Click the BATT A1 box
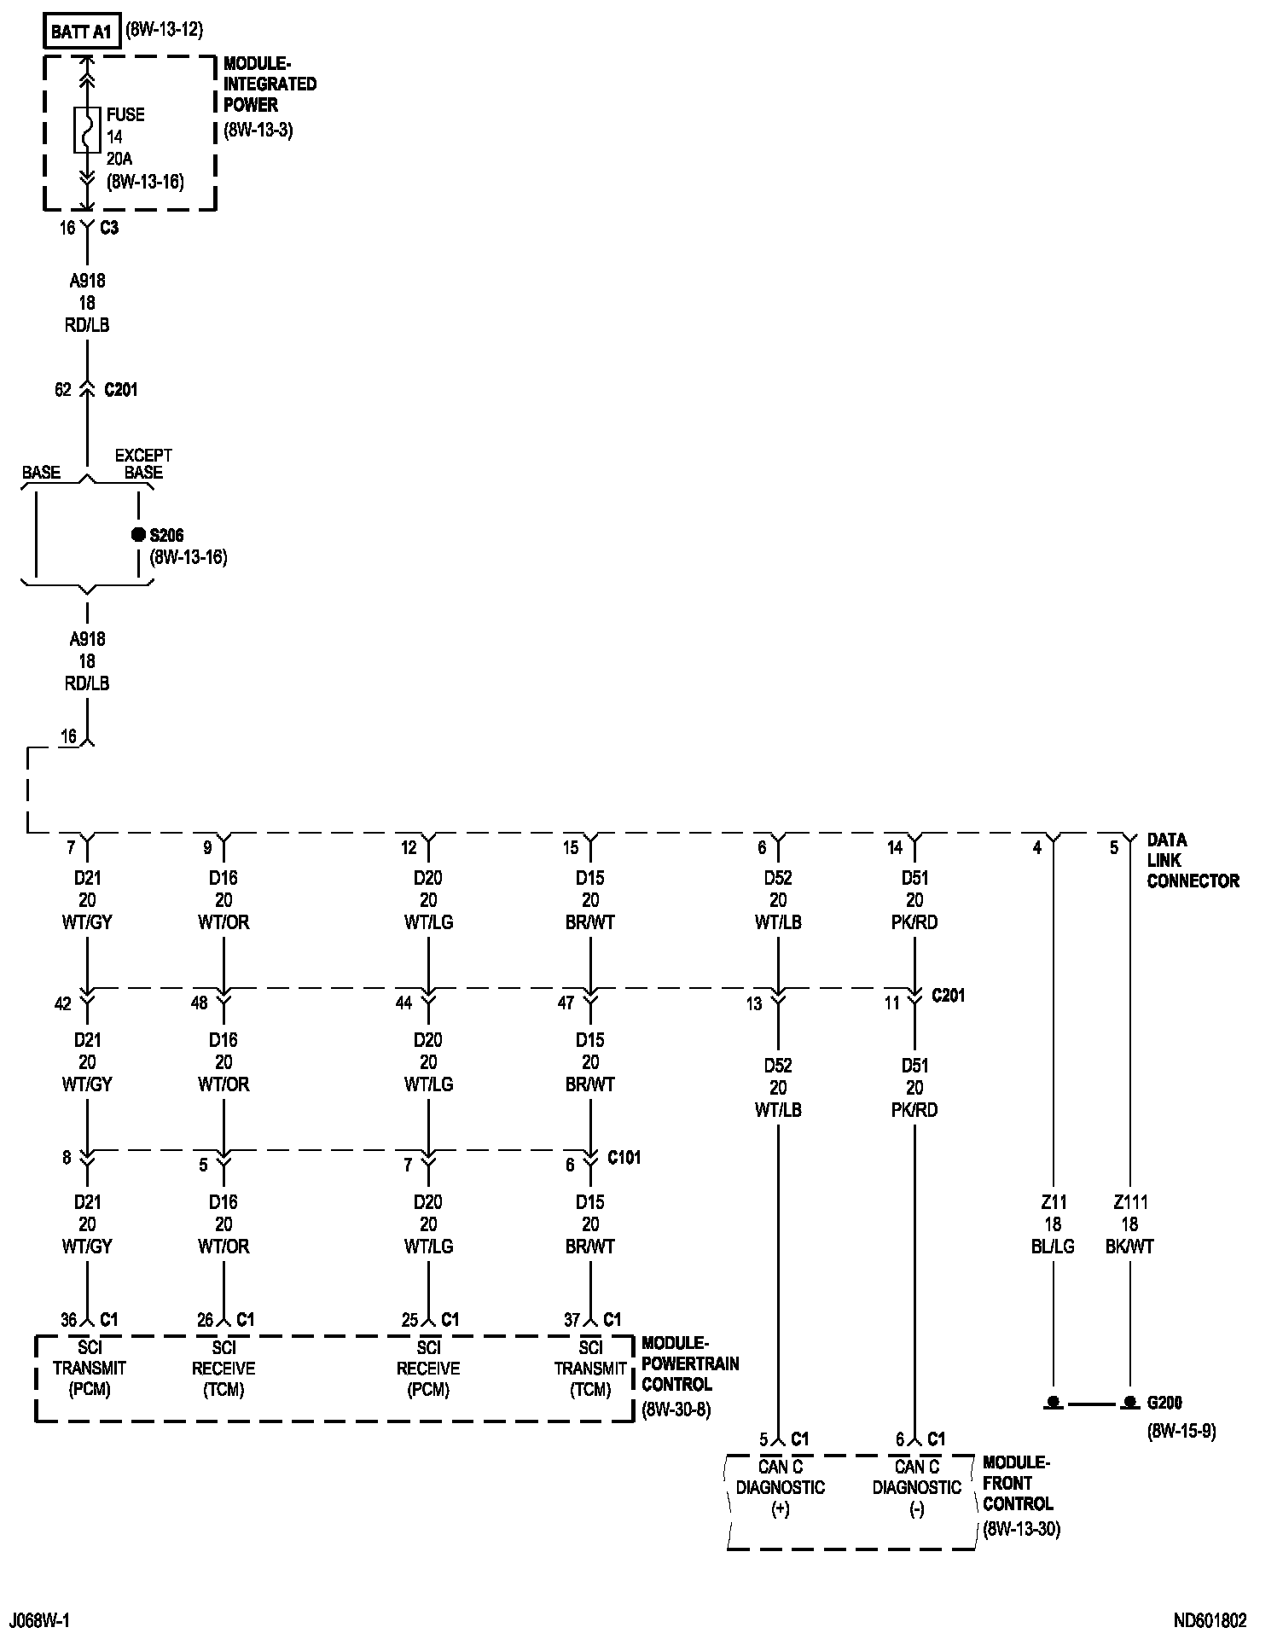81,32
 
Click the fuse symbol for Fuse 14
87,131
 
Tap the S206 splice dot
138,535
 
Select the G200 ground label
1164,1402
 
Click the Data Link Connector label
1193,860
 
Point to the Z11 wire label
1053,1202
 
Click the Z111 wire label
1130,1202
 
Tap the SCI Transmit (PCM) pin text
89,1368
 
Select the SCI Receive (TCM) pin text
224,1368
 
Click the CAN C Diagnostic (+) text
780,1487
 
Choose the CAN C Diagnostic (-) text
916,1487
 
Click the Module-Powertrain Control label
690,1363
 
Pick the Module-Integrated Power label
270,84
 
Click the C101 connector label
624,1158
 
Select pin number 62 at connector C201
63,390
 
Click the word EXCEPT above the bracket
143,456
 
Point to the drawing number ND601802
1210,1620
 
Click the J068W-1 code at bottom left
45,1620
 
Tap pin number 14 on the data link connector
895,847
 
